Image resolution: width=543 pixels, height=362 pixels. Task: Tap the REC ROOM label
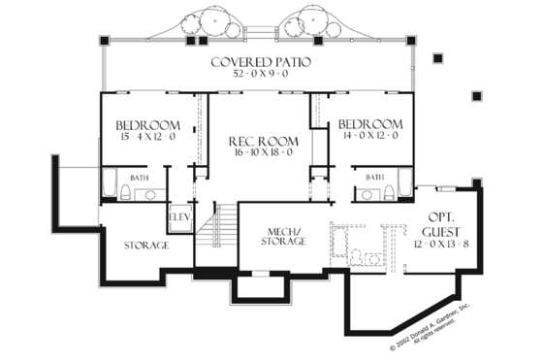pos(257,141)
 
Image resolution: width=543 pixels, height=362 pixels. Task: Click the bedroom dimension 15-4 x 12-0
pos(148,138)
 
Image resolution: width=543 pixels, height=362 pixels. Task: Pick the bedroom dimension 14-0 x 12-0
pos(369,138)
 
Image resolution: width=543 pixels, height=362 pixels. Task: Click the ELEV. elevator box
pos(180,218)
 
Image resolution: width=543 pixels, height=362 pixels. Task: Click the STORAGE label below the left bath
pos(146,246)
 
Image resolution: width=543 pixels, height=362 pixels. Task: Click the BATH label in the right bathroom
pos(374,177)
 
